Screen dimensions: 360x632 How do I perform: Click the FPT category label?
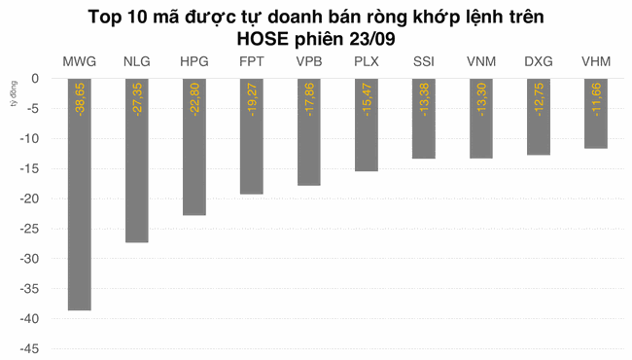click(252, 62)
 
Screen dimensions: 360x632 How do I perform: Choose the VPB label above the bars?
click(309, 62)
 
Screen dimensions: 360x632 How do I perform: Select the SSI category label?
click(424, 62)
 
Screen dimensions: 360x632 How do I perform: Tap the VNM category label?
click(481, 62)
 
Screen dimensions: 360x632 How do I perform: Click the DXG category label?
click(539, 62)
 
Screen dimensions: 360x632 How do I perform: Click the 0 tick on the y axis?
click(34, 79)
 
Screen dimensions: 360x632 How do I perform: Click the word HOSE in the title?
click(263, 38)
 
